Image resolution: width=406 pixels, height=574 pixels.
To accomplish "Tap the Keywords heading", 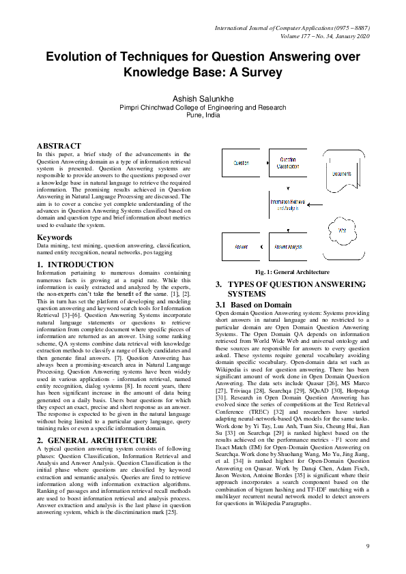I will tap(55, 237).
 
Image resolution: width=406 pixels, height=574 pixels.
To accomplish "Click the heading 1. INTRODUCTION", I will tap(75, 265).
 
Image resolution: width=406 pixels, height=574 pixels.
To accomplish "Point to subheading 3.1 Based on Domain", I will tap(253, 305).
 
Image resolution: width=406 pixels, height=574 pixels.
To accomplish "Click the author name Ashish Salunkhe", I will tap(203, 99).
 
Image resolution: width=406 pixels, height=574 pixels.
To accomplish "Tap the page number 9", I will tap(367, 546).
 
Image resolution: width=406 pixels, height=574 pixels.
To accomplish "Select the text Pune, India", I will tap(203, 115).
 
